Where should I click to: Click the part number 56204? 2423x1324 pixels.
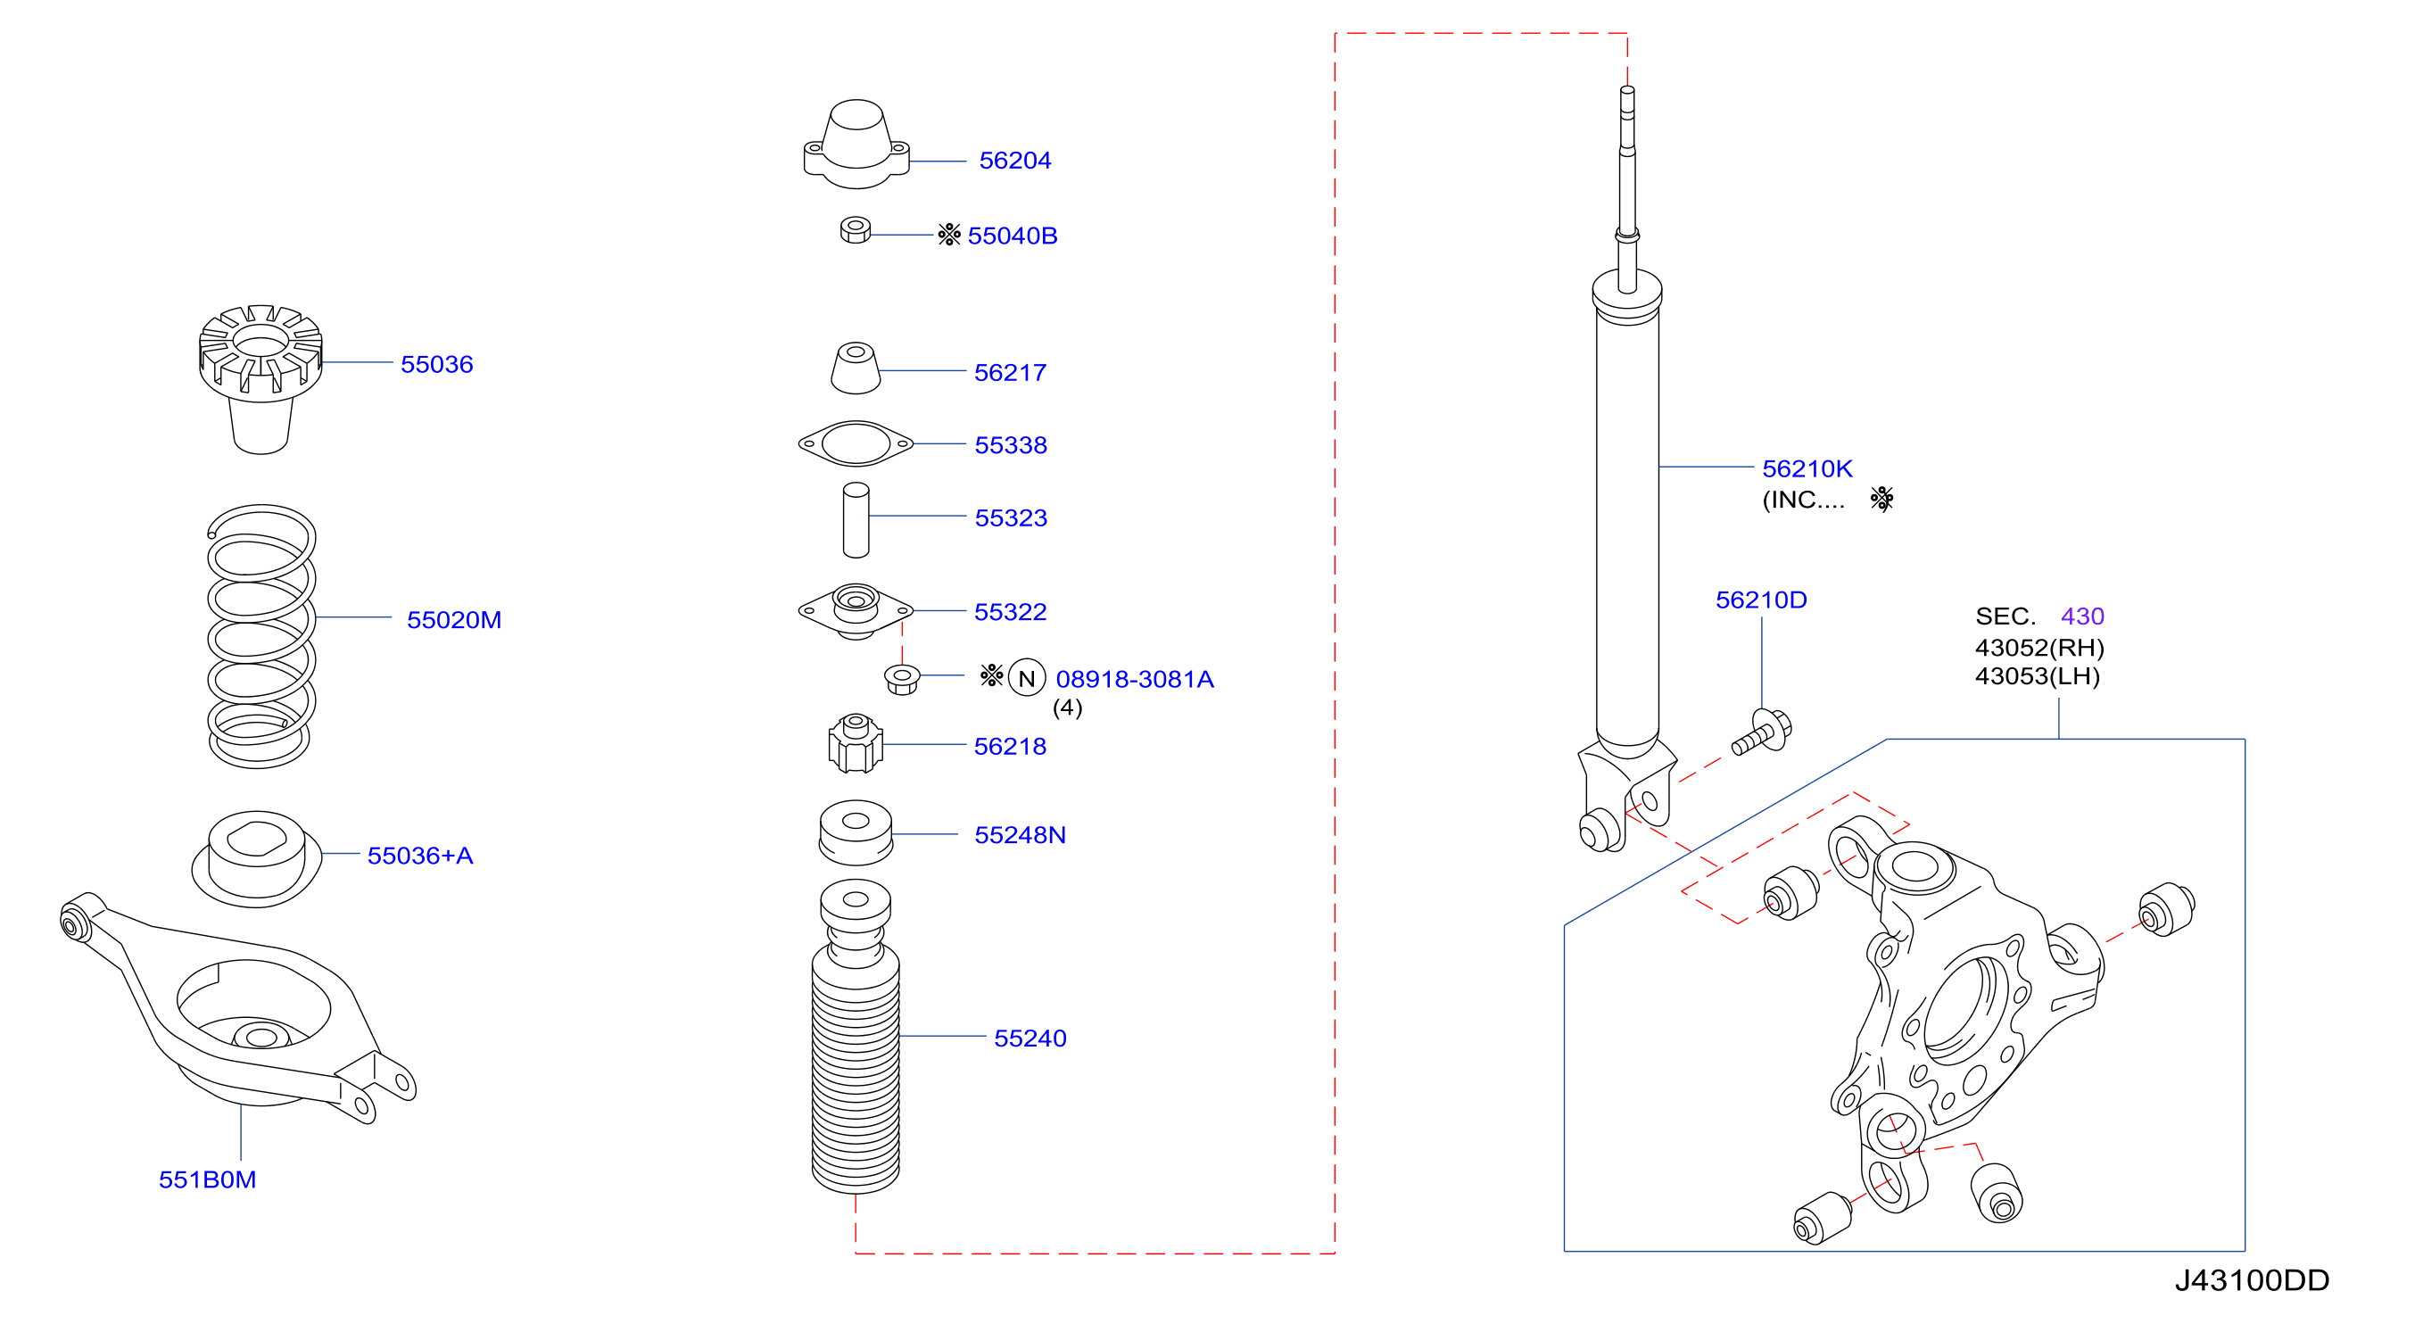pos(1015,161)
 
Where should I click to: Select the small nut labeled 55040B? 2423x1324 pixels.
pos(855,230)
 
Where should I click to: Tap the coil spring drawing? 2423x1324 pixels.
pos(260,635)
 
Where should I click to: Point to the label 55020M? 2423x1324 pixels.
pos(453,620)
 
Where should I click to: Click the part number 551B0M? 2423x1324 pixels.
pos(207,1179)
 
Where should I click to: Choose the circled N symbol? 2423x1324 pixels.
pos(1026,678)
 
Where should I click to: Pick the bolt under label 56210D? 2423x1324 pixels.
pos(1762,732)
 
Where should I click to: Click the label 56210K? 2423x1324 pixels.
pos(1807,468)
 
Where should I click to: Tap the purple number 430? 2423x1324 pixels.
pos(2081,616)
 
